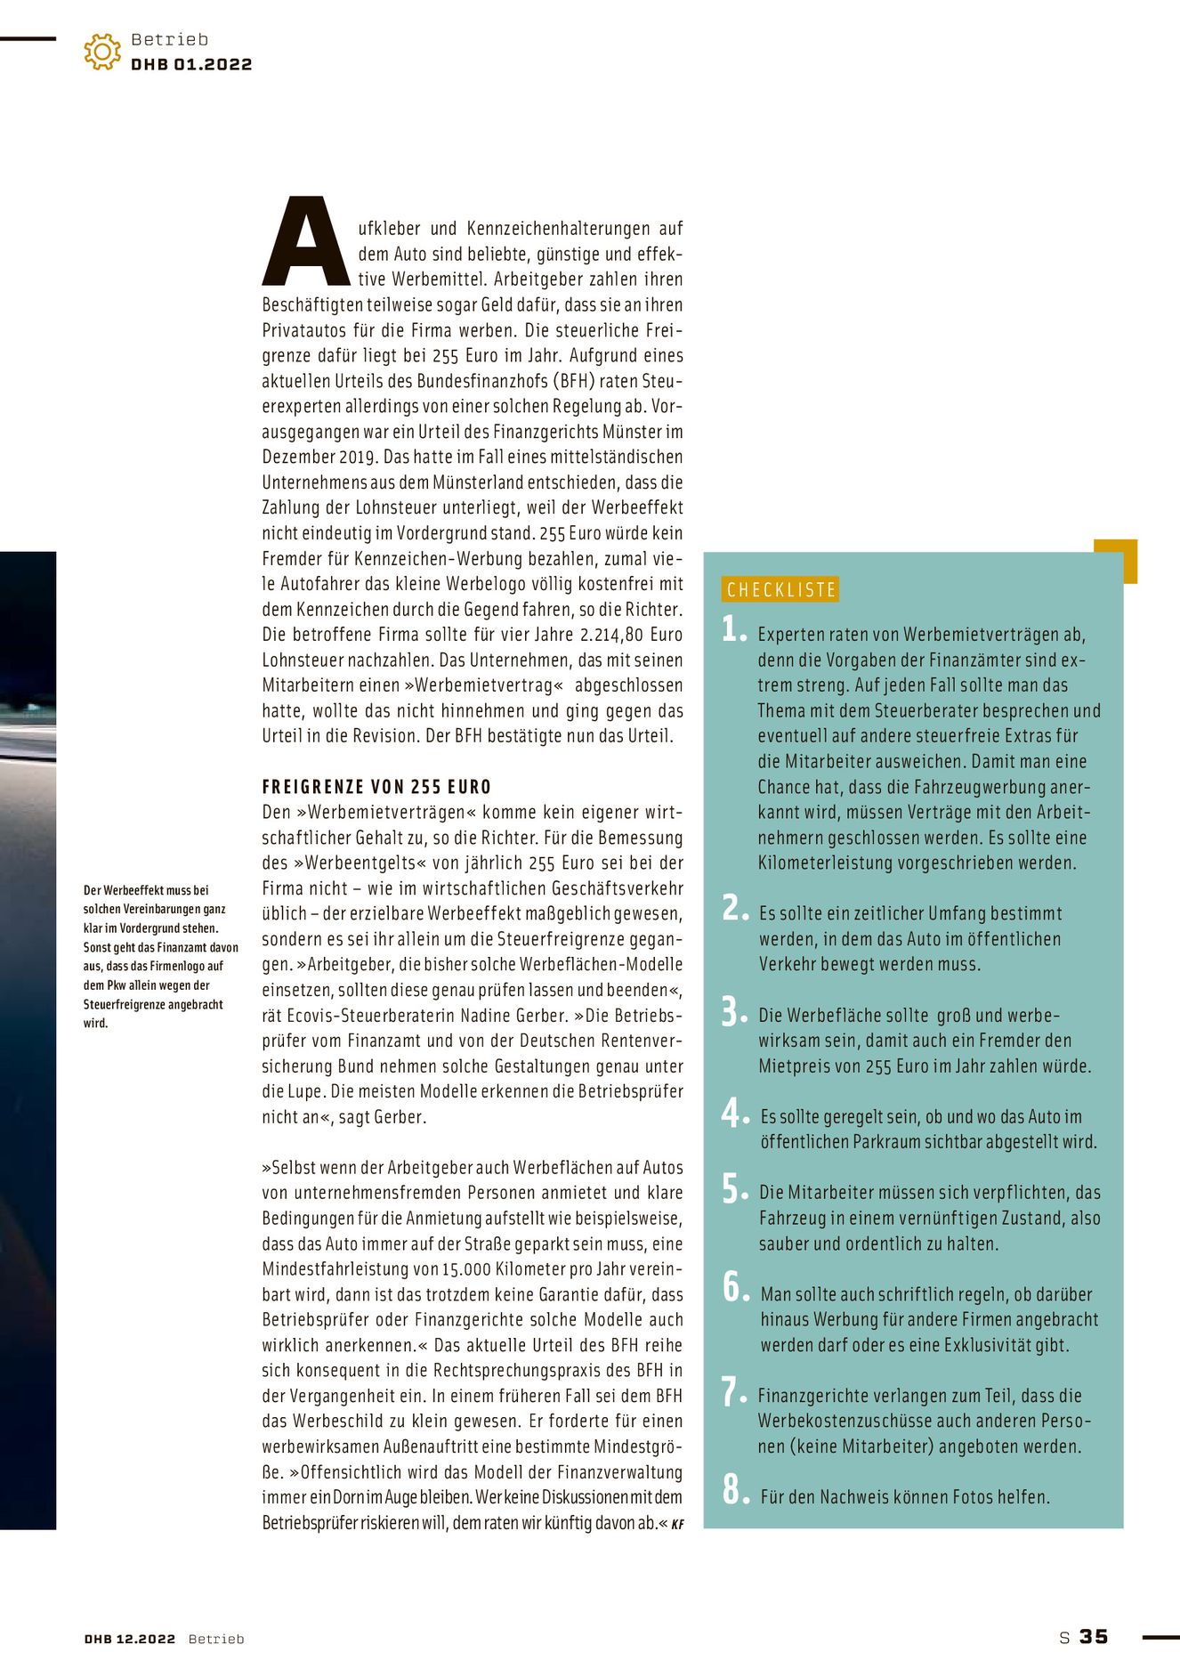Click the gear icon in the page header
click(x=102, y=52)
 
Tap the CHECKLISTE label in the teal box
click(x=781, y=589)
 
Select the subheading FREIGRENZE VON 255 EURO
click(x=376, y=787)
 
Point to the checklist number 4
click(x=734, y=1113)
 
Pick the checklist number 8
click(x=734, y=1488)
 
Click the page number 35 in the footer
click(x=1094, y=1637)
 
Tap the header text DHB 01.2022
click(x=191, y=65)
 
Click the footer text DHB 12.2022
click(x=130, y=1639)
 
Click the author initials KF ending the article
click(x=677, y=1524)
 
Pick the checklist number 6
click(x=734, y=1287)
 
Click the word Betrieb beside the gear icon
click(x=169, y=39)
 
